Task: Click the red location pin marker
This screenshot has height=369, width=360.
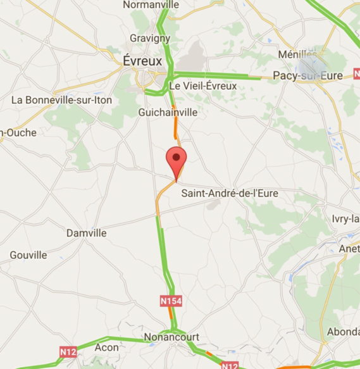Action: pyautogui.click(x=176, y=159)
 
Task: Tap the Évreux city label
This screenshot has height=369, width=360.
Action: pyautogui.click(x=142, y=61)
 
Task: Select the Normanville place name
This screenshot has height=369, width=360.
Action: pyautogui.click(x=151, y=5)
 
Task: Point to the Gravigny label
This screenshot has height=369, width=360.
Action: pyautogui.click(x=150, y=38)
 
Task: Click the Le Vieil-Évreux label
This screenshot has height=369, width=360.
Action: pyautogui.click(x=202, y=86)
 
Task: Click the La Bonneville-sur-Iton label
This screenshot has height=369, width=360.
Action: pyautogui.click(x=61, y=99)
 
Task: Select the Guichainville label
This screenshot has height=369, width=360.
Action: pyautogui.click(x=168, y=112)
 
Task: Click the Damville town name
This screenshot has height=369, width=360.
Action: pyautogui.click(x=86, y=233)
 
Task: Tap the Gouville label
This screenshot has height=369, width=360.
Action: pyautogui.click(x=28, y=255)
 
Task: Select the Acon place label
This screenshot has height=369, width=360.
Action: pyautogui.click(x=106, y=347)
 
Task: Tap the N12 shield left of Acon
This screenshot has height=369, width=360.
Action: pyautogui.click(x=68, y=351)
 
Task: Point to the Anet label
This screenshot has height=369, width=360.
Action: pyautogui.click(x=349, y=249)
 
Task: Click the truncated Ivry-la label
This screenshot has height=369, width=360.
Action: pyautogui.click(x=345, y=219)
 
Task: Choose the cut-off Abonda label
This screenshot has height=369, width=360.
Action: pyautogui.click(x=343, y=332)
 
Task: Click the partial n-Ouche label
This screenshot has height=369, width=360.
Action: pyautogui.click(x=18, y=132)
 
